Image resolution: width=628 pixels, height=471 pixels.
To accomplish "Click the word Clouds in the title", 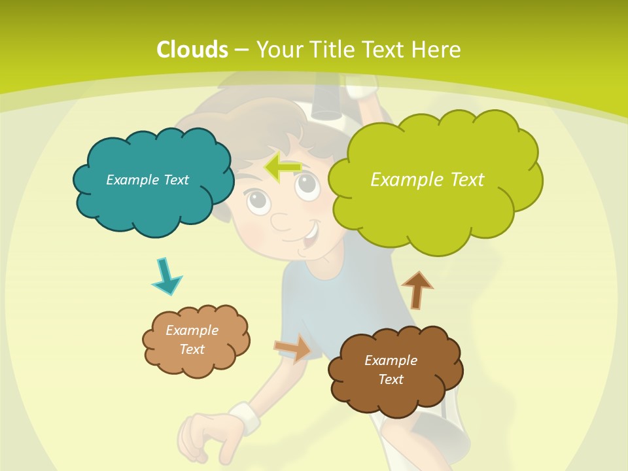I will [x=192, y=50].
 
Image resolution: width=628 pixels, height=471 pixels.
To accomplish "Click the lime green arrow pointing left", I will [x=283, y=168].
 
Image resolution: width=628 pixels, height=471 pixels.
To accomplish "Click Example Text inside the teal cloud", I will [x=147, y=180].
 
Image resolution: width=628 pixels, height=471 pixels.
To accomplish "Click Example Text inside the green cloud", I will [x=427, y=179].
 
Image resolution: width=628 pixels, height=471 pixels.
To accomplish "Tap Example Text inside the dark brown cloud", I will [x=391, y=370].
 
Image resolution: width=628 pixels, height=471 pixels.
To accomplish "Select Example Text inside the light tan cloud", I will [x=192, y=340].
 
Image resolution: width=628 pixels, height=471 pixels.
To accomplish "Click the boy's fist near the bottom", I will [x=205, y=436].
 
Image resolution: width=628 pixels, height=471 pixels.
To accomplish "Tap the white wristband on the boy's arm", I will [x=244, y=417].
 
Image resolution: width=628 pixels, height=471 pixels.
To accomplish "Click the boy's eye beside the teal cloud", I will [x=258, y=200].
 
